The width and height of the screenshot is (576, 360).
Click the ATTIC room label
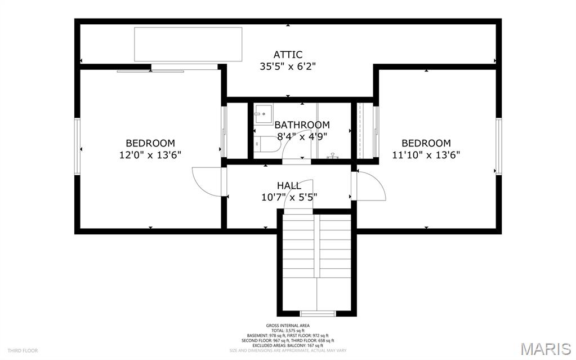point(288,55)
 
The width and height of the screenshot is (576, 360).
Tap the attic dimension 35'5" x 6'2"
point(288,66)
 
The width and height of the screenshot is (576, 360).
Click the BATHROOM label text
point(302,125)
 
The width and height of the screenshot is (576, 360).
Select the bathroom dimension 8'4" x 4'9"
point(302,136)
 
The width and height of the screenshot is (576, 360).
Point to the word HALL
point(288,185)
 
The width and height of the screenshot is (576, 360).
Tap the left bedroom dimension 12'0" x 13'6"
point(150,155)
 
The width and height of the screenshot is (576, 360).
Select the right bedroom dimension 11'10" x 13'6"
point(426,155)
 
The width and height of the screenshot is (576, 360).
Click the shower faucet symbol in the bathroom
point(333,155)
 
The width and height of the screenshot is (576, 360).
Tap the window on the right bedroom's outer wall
point(498,146)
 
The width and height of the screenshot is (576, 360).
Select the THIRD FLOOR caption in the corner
point(23,350)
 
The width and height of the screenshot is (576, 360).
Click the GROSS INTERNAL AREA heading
point(288,326)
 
